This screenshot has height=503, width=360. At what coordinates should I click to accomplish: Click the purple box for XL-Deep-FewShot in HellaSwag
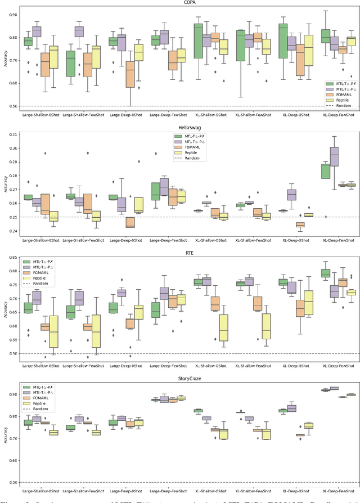tap(335, 156)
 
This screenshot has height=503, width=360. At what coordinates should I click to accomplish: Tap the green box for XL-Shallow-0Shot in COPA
tap(198, 41)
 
